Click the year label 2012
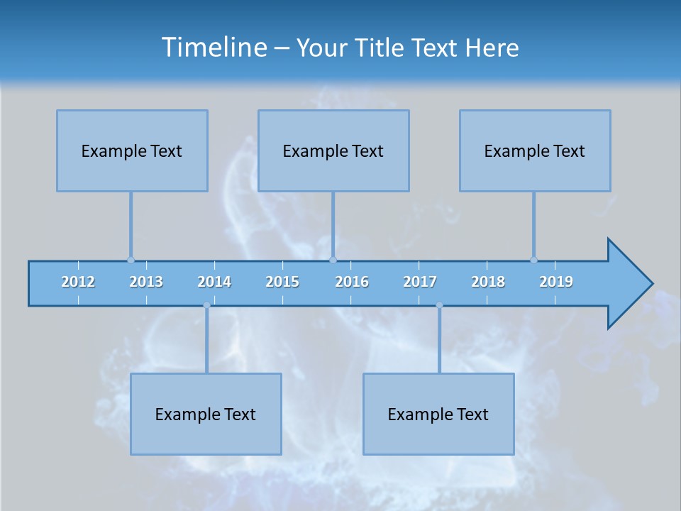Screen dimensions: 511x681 [78, 282]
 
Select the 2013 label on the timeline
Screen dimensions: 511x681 [146, 282]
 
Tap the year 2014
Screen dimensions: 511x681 [214, 282]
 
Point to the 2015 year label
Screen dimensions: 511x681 [282, 282]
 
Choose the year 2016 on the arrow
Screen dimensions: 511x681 [352, 282]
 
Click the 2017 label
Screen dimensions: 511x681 [420, 282]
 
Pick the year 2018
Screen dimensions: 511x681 [488, 282]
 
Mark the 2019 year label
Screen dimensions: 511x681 [556, 282]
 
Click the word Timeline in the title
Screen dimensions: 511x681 [212, 48]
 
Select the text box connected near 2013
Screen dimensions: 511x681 [132, 150]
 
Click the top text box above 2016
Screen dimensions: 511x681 [333, 150]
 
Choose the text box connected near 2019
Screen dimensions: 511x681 [535, 150]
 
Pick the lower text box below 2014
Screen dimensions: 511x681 [206, 414]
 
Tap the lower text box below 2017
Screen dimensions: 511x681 [438, 414]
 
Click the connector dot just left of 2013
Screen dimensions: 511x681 [131, 260]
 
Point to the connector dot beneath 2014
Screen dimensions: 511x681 [206, 305]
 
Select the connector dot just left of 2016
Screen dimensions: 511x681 [333, 260]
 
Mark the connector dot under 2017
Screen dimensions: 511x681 [439, 305]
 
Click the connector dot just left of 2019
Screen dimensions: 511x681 [533, 260]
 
